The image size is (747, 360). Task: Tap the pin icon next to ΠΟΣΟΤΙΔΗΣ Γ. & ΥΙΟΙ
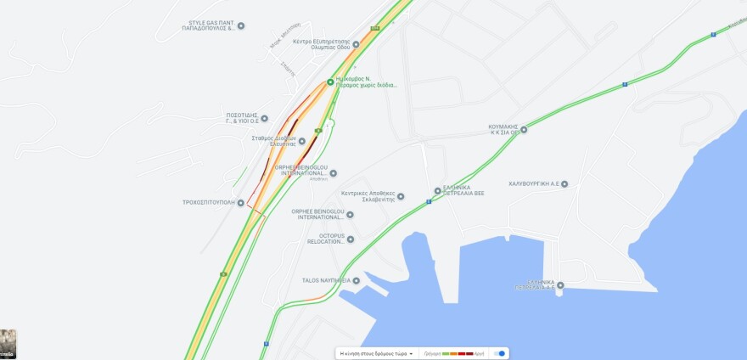[x=264, y=118]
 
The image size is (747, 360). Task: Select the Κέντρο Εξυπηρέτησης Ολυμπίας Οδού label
[x=321, y=44]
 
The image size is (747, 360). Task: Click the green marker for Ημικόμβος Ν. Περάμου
[x=330, y=82]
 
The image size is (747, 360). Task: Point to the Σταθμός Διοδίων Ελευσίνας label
[x=272, y=141]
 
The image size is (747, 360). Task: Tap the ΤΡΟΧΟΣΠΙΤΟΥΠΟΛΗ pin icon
[x=241, y=202]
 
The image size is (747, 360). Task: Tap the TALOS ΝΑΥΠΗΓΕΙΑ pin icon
[x=357, y=280]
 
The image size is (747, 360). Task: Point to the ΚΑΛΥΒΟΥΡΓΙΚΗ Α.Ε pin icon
[x=564, y=183]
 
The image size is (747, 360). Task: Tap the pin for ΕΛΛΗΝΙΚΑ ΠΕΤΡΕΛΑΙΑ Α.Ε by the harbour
[x=559, y=284]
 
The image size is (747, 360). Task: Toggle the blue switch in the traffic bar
[x=501, y=353]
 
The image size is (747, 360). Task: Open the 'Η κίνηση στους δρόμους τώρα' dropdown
[x=376, y=353]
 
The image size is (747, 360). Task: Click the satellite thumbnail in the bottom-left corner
[x=8, y=344]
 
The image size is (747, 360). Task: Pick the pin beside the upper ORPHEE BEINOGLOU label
[x=333, y=173]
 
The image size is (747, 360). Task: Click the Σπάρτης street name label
[x=289, y=71]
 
